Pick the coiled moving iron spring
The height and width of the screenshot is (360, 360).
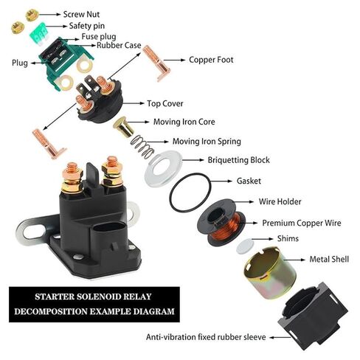[145, 148]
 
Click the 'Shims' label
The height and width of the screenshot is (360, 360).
[288, 239]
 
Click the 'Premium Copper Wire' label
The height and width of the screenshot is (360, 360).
[302, 222]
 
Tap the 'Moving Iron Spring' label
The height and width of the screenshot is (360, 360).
[206, 141]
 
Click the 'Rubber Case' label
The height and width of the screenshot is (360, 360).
[120, 46]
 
